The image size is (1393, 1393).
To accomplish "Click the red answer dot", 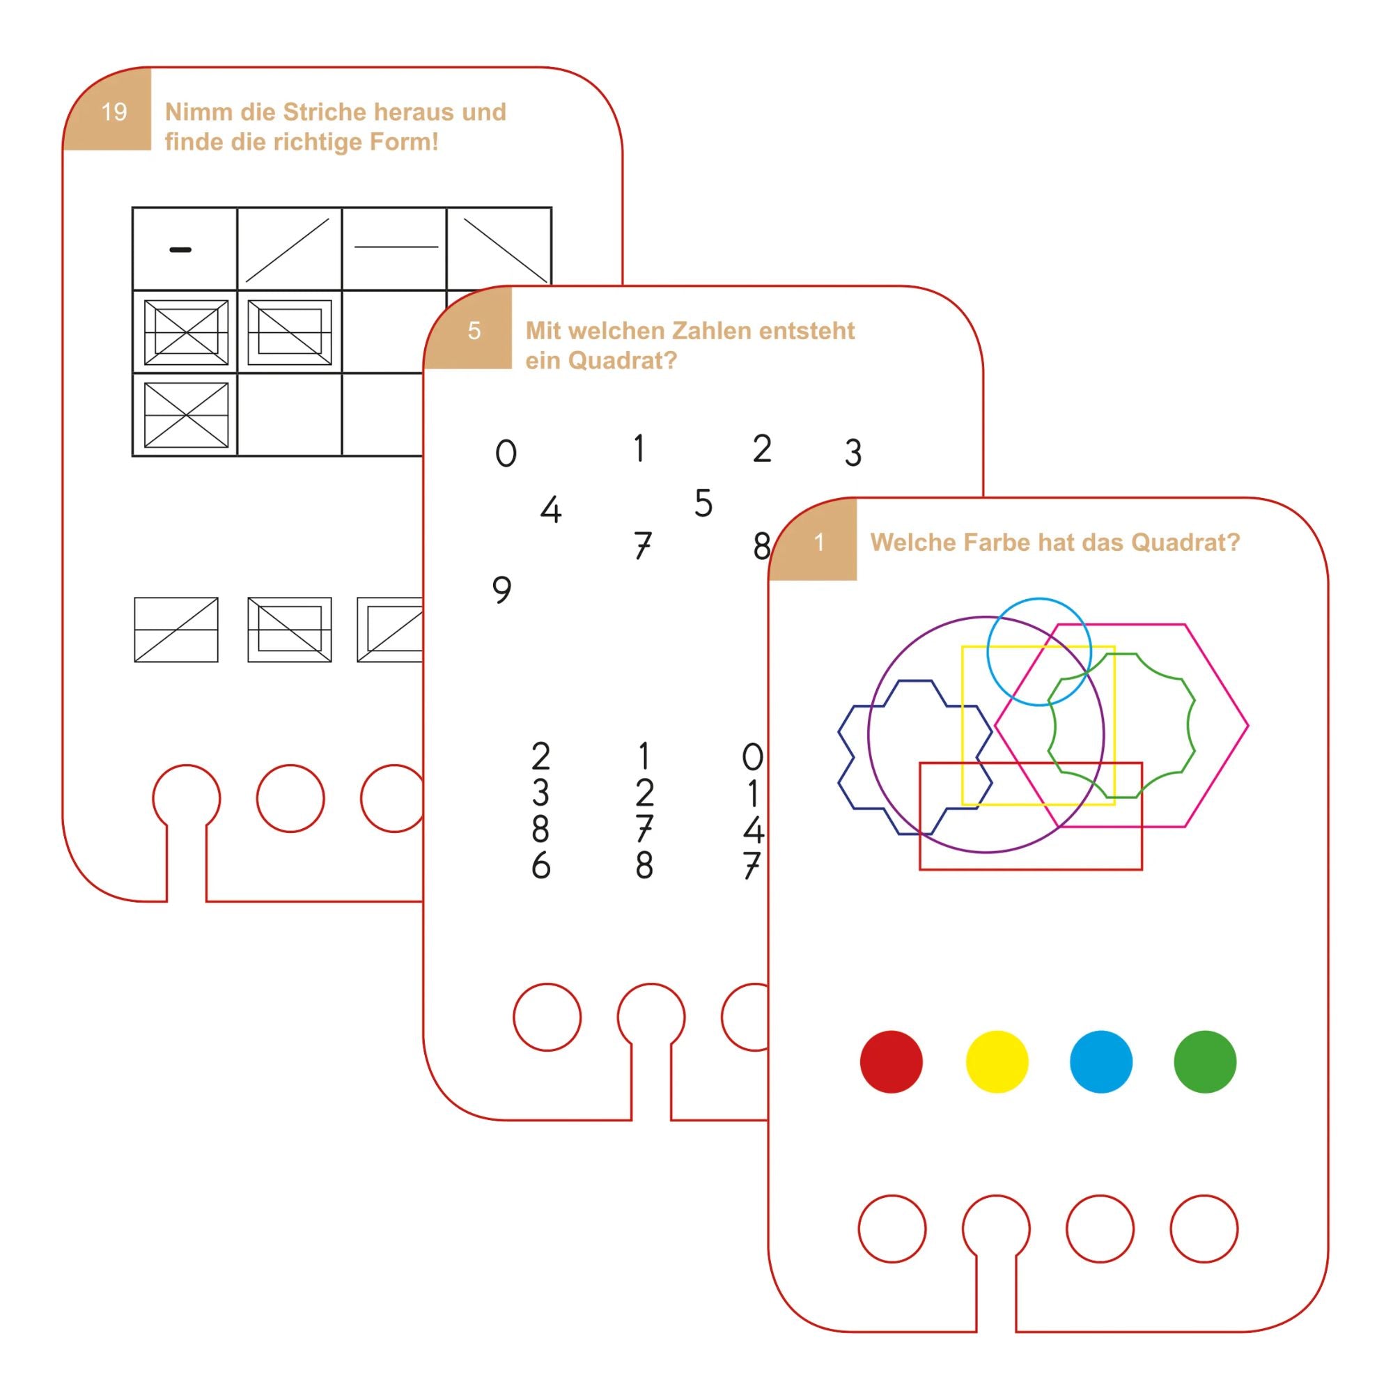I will [892, 1062].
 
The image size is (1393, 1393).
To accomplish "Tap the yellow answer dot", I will [997, 1062].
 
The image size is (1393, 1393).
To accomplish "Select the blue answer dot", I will [1101, 1062].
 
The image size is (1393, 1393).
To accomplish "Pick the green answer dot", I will [1205, 1062].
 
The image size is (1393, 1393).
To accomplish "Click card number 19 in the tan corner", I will [114, 111].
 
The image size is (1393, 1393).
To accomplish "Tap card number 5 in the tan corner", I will [474, 331].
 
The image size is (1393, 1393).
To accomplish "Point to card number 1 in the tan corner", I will [818, 542].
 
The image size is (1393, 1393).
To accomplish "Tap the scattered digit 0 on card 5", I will [506, 453].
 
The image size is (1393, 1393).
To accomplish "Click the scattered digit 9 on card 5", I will [501, 590].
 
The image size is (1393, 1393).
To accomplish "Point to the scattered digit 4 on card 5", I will [551, 510].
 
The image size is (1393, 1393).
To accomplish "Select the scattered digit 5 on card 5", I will [703, 503].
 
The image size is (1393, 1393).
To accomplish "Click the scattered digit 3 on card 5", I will [853, 453].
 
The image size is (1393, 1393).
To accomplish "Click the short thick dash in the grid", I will [180, 250].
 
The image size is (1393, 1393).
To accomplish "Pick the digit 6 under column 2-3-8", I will [540, 865].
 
